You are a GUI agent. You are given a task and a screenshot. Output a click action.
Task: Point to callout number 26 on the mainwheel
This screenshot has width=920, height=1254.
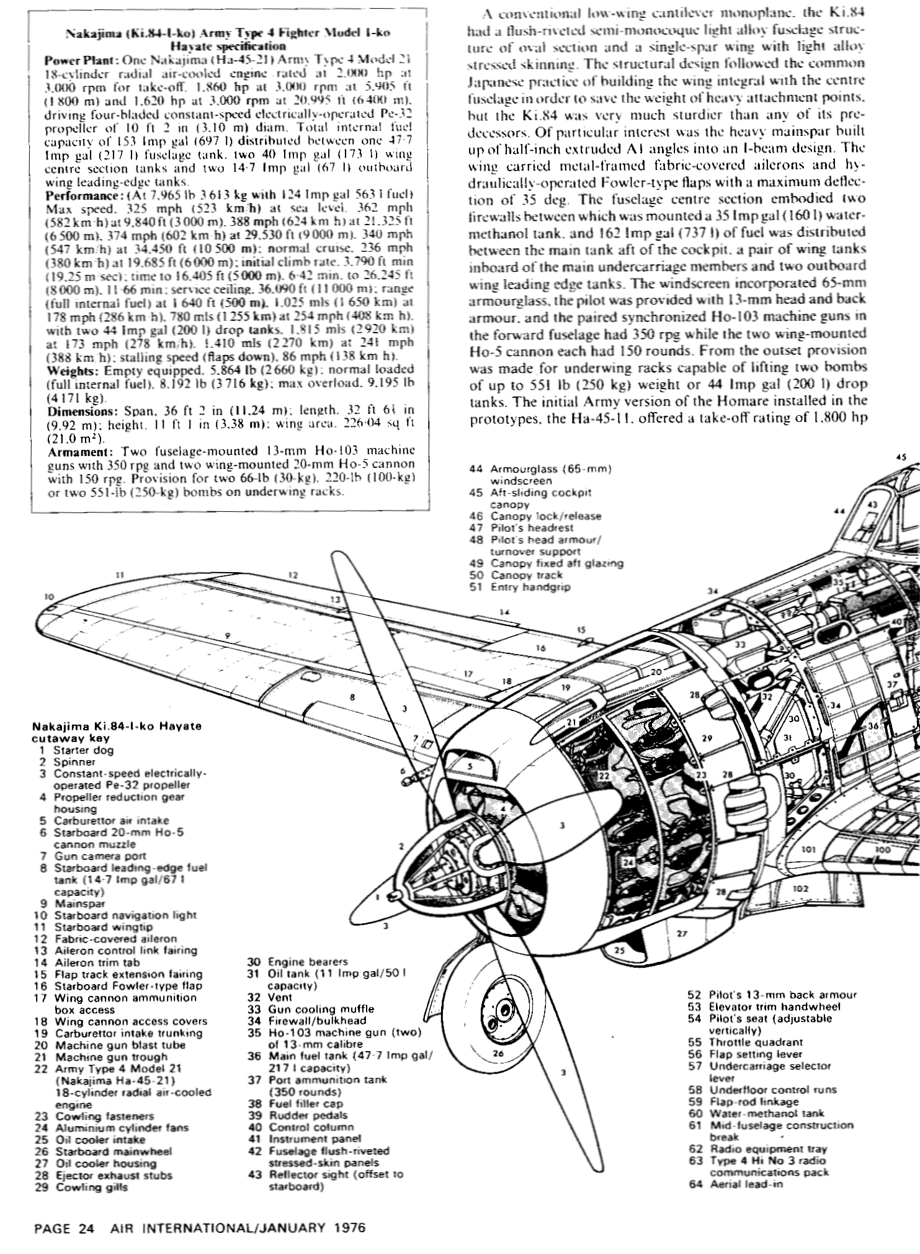coord(498,1053)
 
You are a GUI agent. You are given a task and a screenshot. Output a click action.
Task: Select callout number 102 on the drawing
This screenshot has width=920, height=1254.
coord(801,889)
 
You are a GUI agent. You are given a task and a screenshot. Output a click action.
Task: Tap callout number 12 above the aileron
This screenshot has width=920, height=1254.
coord(293,575)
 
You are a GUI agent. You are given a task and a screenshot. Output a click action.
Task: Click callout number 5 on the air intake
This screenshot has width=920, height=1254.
coord(470,766)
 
